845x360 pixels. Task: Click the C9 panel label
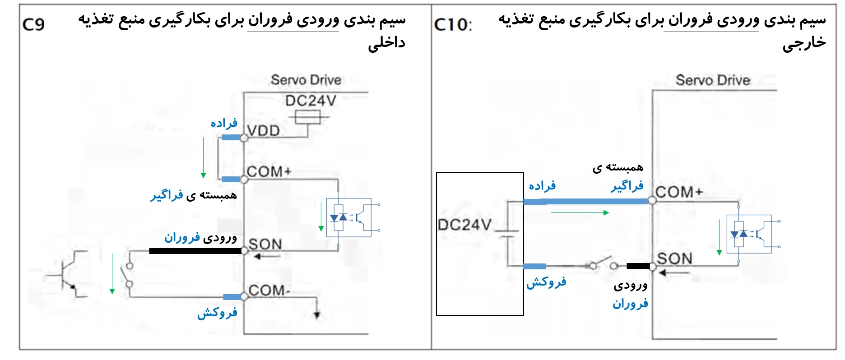33,24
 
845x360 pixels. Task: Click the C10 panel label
453,25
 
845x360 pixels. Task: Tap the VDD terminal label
264,131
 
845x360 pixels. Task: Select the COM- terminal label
269,290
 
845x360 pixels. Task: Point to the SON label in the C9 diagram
265,244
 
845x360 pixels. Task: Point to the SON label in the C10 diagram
674,258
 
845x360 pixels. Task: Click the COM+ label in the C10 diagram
679,192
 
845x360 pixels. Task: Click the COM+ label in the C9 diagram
269,171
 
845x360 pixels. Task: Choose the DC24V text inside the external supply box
464,224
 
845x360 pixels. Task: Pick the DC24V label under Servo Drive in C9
311,101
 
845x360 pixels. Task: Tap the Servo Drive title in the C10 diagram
713,80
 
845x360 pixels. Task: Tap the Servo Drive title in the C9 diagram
306,80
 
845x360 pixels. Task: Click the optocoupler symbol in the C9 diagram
349,218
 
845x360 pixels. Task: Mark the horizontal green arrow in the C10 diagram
580,212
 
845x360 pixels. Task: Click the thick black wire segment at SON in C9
195,251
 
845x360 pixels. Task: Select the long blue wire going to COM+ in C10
585,201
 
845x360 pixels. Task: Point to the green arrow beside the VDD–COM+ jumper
203,158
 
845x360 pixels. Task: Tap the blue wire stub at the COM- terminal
232,297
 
